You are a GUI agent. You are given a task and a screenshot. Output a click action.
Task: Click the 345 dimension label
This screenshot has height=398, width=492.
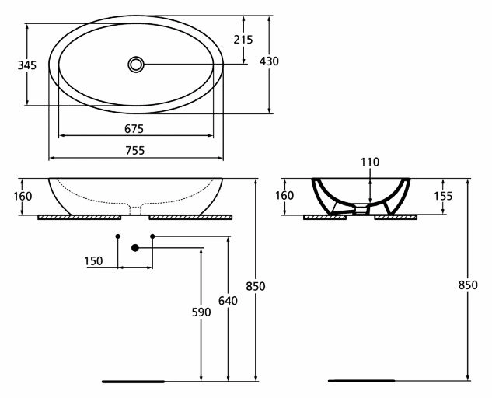(27, 65)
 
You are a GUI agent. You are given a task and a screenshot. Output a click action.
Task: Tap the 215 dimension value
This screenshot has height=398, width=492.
(243, 40)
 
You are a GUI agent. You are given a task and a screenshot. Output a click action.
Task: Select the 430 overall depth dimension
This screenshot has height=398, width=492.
(269, 61)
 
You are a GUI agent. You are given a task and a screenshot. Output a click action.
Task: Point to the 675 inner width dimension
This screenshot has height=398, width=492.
(134, 129)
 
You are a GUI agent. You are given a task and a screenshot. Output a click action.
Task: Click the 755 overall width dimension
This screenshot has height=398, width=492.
(135, 151)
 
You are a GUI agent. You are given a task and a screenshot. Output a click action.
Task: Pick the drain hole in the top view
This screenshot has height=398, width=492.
(136, 65)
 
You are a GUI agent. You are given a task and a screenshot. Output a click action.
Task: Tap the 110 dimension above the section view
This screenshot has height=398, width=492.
(370, 162)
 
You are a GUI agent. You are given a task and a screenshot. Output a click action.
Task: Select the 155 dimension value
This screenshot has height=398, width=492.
(443, 196)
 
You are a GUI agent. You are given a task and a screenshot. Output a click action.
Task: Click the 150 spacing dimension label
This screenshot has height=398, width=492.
(93, 261)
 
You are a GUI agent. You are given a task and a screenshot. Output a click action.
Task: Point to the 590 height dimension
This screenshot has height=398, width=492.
(201, 312)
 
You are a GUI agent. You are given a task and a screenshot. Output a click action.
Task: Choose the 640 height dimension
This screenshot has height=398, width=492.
(228, 301)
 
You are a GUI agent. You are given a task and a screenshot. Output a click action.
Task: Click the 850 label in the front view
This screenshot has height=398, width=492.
(256, 286)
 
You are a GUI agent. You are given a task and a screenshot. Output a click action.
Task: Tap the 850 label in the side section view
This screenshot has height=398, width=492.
(468, 285)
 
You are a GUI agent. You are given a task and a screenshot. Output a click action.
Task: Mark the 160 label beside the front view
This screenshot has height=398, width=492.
(23, 196)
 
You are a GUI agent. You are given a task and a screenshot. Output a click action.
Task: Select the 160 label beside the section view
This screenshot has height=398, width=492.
(284, 196)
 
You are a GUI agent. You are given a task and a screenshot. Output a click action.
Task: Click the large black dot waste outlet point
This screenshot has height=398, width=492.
(135, 248)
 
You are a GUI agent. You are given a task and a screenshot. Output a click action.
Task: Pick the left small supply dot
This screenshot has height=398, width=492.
(117, 236)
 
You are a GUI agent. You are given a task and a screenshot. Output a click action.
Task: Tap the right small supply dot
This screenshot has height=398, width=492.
(152, 236)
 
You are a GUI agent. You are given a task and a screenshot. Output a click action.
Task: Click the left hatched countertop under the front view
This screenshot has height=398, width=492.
(79, 217)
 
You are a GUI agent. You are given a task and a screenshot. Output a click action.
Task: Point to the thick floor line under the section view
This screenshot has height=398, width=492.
(361, 381)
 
